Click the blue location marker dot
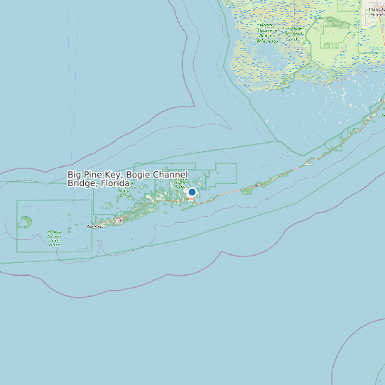(x=192, y=192)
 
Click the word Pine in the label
(x=94, y=175)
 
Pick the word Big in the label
(x=75, y=175)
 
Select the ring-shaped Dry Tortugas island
(x=25, y=222)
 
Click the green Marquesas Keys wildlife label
(x=54, y=237)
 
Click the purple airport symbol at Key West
(x=119, y=219)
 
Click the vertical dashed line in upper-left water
(x=70, y=71)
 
